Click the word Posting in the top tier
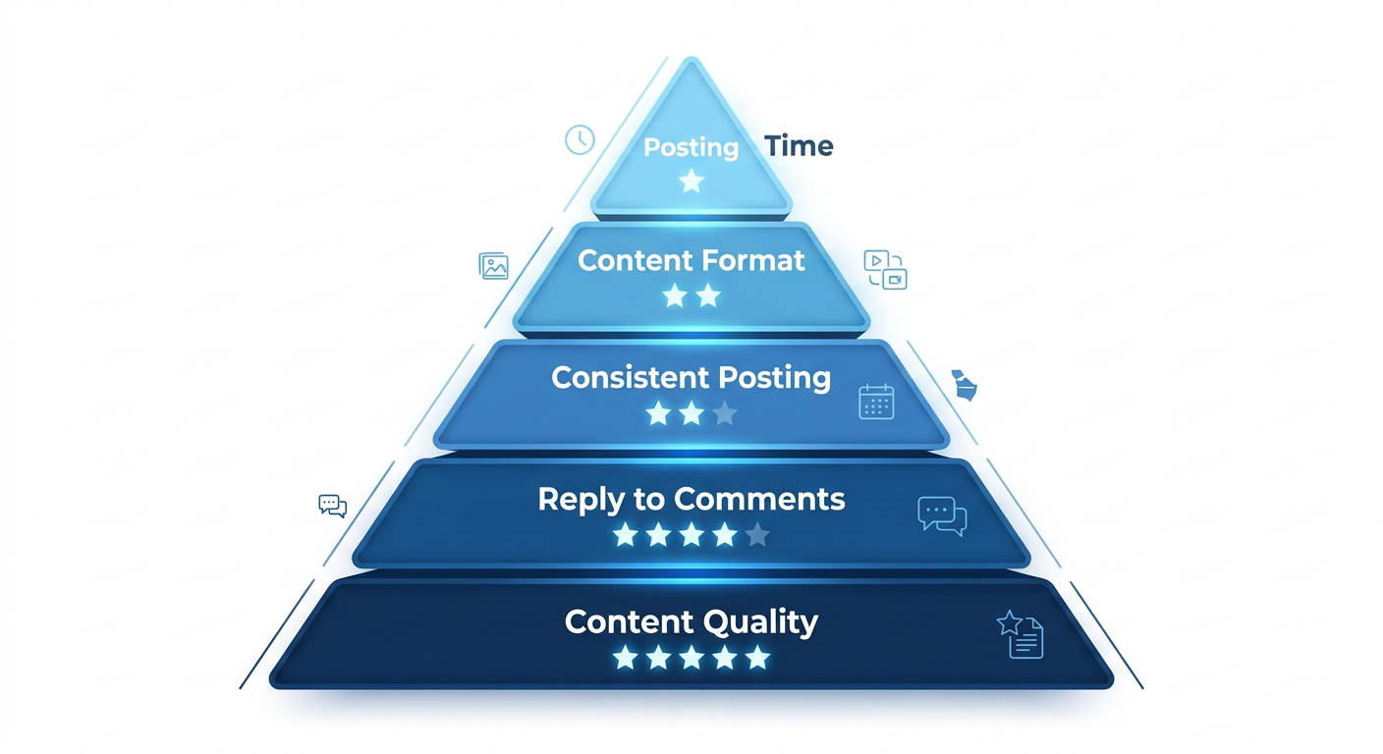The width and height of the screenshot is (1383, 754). click(x=691, y=148)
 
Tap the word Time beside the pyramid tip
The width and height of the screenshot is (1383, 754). click(x=799, y=146)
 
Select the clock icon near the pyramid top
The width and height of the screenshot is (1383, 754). click(x=580, y=139)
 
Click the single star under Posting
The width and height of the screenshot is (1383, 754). click(x=691, y=181)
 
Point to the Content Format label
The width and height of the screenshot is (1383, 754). click(x=691, y=260)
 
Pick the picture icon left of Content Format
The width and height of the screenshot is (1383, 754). click(x=494, y=266)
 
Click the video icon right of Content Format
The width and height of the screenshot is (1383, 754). click(x=884, y=269)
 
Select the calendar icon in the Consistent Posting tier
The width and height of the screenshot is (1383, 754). click(x=876, y=402)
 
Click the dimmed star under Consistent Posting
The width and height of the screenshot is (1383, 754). click(x=725, y=413)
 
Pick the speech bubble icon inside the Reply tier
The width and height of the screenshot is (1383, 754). click(x=942, y=515)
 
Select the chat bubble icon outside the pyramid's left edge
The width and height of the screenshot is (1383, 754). click(x=333, y=506)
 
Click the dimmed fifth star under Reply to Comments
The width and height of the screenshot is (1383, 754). click(x=757, y=535)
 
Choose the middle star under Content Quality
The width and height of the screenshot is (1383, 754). click(x=691, y=658)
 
